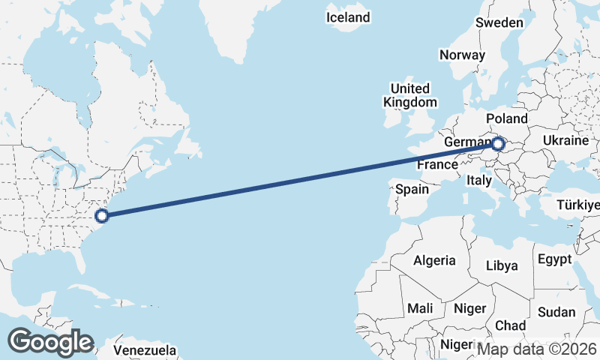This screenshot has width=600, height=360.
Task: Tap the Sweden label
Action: click(x=499, y=22)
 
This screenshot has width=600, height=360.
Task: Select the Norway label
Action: click(x=463, y=55)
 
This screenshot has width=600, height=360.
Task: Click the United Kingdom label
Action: click(x=409, y=94)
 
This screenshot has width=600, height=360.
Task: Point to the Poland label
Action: click(x=507, y=118)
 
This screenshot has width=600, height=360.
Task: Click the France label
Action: click(x=437, y=164)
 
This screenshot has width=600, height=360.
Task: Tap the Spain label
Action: click(x=412, y=189)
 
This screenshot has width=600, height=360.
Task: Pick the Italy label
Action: click(x=478, y=180)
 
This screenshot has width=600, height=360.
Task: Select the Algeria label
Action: click(x=435, y=260)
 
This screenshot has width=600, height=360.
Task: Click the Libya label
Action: click(x=502, y=265)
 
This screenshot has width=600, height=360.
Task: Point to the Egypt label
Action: click(x=554, y=259)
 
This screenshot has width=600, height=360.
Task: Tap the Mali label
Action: click(x=420, y=308)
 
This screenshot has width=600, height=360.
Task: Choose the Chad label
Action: click(x=510, y=325)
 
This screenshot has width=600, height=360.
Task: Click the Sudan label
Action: click(x=556, y=312)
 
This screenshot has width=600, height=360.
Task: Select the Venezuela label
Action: click(x=145, y=350)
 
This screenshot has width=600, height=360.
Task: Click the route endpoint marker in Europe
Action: click(x=496, y=142)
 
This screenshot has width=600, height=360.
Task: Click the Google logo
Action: click(x=50, y=342)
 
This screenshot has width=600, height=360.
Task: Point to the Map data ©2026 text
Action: click(x=537, y=349)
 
